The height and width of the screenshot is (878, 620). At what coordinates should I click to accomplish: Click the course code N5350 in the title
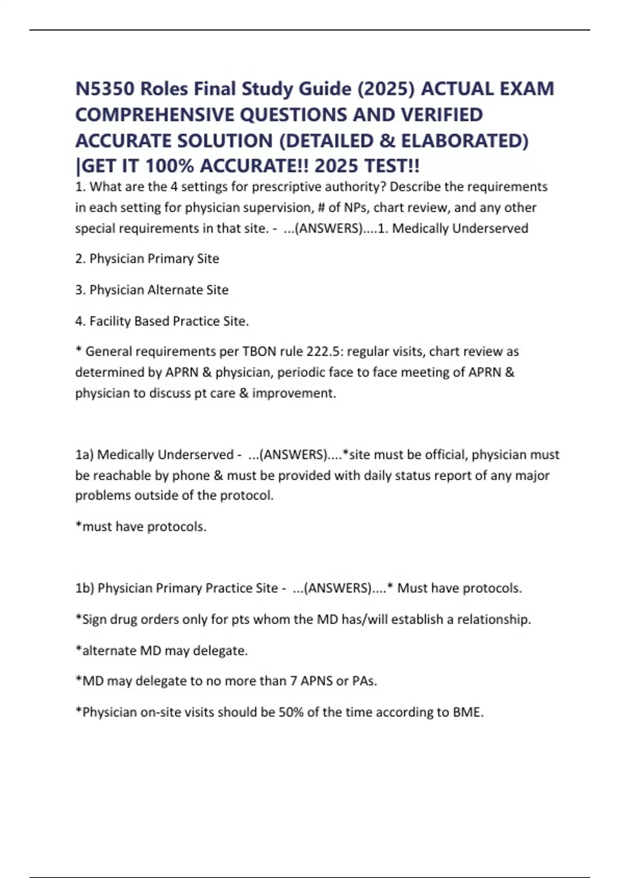click(x=105, y=89)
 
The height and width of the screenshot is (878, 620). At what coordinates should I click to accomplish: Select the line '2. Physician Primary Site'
click(x=147, y=259)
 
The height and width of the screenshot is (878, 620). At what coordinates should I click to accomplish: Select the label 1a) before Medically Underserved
click(x=84, y=454)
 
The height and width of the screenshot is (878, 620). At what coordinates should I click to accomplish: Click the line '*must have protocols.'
click(x=141, y=527)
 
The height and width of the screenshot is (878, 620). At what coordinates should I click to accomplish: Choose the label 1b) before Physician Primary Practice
click(x=84, y=588)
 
